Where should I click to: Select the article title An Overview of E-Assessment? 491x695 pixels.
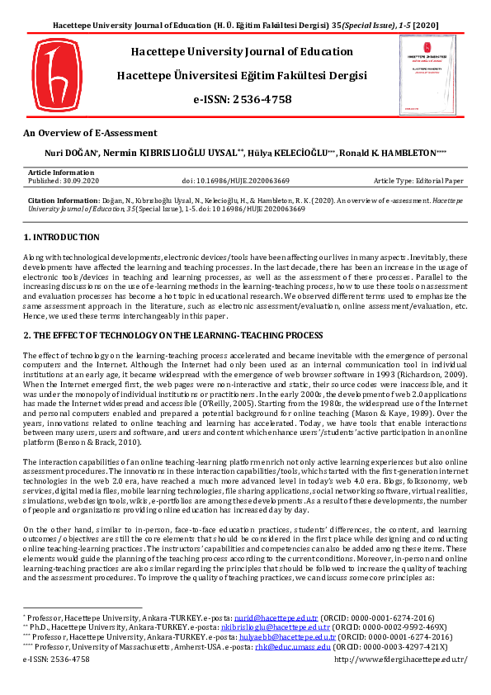coord(90,132)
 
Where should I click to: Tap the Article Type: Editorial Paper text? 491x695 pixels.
coord(418,180)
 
